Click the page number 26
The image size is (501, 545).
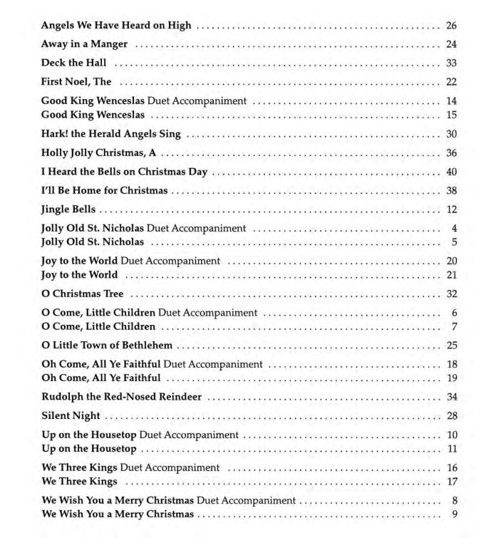[451, 26]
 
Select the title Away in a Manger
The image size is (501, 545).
[84, 44]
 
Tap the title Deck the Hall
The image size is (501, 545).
[73, 63]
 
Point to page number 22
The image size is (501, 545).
[451, 82]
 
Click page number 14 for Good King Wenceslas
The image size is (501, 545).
[451, 101]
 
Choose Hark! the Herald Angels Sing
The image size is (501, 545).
[110, 134]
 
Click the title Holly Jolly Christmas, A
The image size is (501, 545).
[98, 152]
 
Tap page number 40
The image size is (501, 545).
[451, 172]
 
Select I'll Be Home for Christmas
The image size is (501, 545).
[104, 191]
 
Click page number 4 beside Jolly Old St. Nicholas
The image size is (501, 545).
[454, 229]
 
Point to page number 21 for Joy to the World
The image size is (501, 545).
[451, 275]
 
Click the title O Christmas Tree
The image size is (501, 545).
[82, 294]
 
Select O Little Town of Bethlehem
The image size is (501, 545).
[107, 346]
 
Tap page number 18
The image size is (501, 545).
[451, 365]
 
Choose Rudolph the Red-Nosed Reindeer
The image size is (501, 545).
[121, 397]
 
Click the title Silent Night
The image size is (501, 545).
[71, 416]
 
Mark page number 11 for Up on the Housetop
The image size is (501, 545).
[452, 449]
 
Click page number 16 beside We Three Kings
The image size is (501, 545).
[451, 468]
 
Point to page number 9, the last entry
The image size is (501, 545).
[454, 514]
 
